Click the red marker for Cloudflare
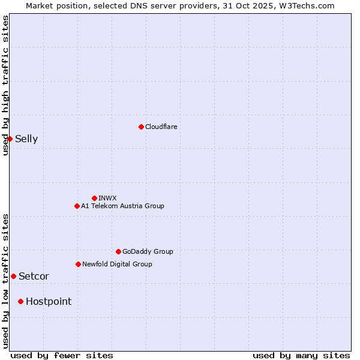[x=141, y=127]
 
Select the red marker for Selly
[x=10, y=139]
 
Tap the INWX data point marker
[x=94, y=198]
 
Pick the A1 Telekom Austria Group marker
[x=77, y=206]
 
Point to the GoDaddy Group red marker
[x=118, y=251]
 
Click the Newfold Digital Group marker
[x=78, y=264]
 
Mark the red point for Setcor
[x=13, y=276]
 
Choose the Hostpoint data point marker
[x=20, y=301]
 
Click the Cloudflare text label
[x=161, y=127]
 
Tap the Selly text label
[x=26, y=139]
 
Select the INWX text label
[x=107, y=198]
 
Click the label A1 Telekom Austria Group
[x=122, y=206]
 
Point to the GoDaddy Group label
[x=148, y=251]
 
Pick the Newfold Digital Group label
[x=117, y=264]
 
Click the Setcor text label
[x=34, y=277]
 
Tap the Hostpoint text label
[x=49, y=302]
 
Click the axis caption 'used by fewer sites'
[x=62, y=355]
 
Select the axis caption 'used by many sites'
[x=301, y=355]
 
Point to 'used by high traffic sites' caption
[x=6, y=85]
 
